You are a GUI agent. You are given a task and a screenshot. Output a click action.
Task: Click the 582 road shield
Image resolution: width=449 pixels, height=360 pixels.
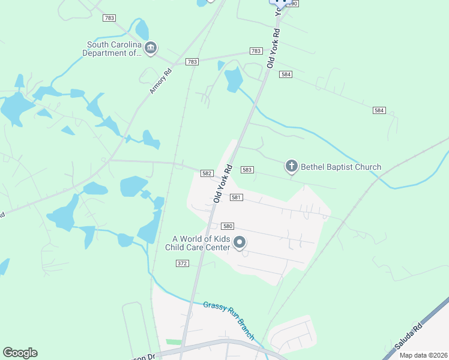pos(206,173)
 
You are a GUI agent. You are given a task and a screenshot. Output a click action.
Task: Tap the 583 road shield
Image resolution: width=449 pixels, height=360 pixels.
pos(247,170)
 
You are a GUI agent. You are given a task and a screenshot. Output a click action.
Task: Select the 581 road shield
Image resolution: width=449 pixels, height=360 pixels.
pos(236,197)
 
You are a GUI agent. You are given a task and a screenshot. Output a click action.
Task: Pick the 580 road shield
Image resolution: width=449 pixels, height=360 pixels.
pos(228,226)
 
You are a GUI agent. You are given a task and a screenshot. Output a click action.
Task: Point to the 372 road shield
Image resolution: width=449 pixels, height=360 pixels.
pos(182,263)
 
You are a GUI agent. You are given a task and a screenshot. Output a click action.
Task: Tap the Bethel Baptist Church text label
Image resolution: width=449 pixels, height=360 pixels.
pos(340,167)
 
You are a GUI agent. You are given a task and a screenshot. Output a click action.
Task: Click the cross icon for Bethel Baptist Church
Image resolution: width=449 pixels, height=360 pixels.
pos(291,166)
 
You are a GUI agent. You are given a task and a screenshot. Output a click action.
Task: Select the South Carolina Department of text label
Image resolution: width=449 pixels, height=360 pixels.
pos(114,49)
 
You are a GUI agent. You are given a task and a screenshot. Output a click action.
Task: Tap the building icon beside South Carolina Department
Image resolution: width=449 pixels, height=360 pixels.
pos(151,48)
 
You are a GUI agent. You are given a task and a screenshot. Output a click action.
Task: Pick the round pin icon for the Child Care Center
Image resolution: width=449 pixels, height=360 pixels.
pos(240,242)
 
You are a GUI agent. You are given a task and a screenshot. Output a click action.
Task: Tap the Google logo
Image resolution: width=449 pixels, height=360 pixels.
pos(20,353)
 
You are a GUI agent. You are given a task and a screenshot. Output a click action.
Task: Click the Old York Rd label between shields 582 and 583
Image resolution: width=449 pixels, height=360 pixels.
pos(221,182)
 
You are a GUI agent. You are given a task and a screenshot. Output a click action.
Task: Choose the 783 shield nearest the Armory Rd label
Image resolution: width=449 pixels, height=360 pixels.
pos(192,62)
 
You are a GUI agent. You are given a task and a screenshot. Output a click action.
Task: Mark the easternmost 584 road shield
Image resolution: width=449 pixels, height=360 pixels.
pos(379,110)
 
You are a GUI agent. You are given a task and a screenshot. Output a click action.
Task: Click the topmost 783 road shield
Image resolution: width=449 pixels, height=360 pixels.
pos(109,18)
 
